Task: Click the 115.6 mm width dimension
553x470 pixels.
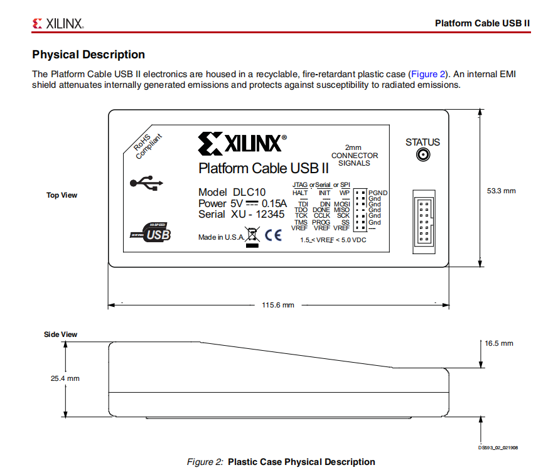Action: click(x=277, y=305)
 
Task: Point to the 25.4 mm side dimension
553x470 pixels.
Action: click(x=65, y=378)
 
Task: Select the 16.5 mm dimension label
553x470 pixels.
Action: click(x=498, y=343)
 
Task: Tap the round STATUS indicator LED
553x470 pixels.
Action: click(x=422, y=155)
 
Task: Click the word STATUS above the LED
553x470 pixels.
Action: click(x=422, y=142)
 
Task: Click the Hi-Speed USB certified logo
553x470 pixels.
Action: click(x=151, y=233)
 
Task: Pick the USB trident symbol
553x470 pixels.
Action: click(x=146, y=183)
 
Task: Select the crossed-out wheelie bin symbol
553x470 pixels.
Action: click(x=251, y=237)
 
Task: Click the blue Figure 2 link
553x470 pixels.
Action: click(x=427, y=74)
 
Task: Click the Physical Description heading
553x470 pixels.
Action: click(x=89, y=55)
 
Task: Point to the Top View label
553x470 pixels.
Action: click(x=62, y=195)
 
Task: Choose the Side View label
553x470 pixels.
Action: click(x=60, y=334)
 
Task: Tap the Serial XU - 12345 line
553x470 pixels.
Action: click(x=241, y=214)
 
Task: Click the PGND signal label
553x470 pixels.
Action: click(x=378, y=193)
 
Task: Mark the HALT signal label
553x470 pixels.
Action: click(x=300, y=193)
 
